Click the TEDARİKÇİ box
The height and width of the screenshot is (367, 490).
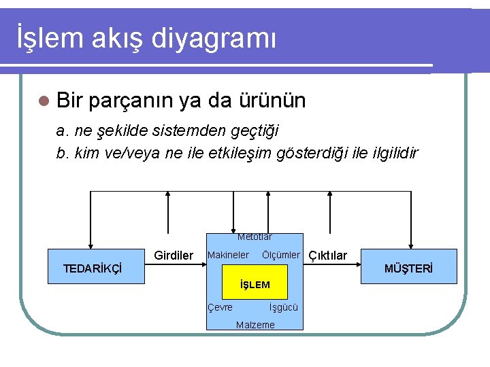93,268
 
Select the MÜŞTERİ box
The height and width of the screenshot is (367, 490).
408,268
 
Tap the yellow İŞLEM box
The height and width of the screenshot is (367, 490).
255,284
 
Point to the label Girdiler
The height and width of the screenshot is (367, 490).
174,256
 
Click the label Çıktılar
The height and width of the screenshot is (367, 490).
327,256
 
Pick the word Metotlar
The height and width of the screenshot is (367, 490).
255,237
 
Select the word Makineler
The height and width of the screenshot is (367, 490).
228,255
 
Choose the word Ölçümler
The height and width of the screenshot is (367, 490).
280,255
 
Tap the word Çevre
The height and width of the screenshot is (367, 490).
220,307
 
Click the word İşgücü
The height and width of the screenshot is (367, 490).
284,307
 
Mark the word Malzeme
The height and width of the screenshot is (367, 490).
255,325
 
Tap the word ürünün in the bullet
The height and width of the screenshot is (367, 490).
272,101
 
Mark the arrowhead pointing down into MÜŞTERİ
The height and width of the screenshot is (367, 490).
410,246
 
